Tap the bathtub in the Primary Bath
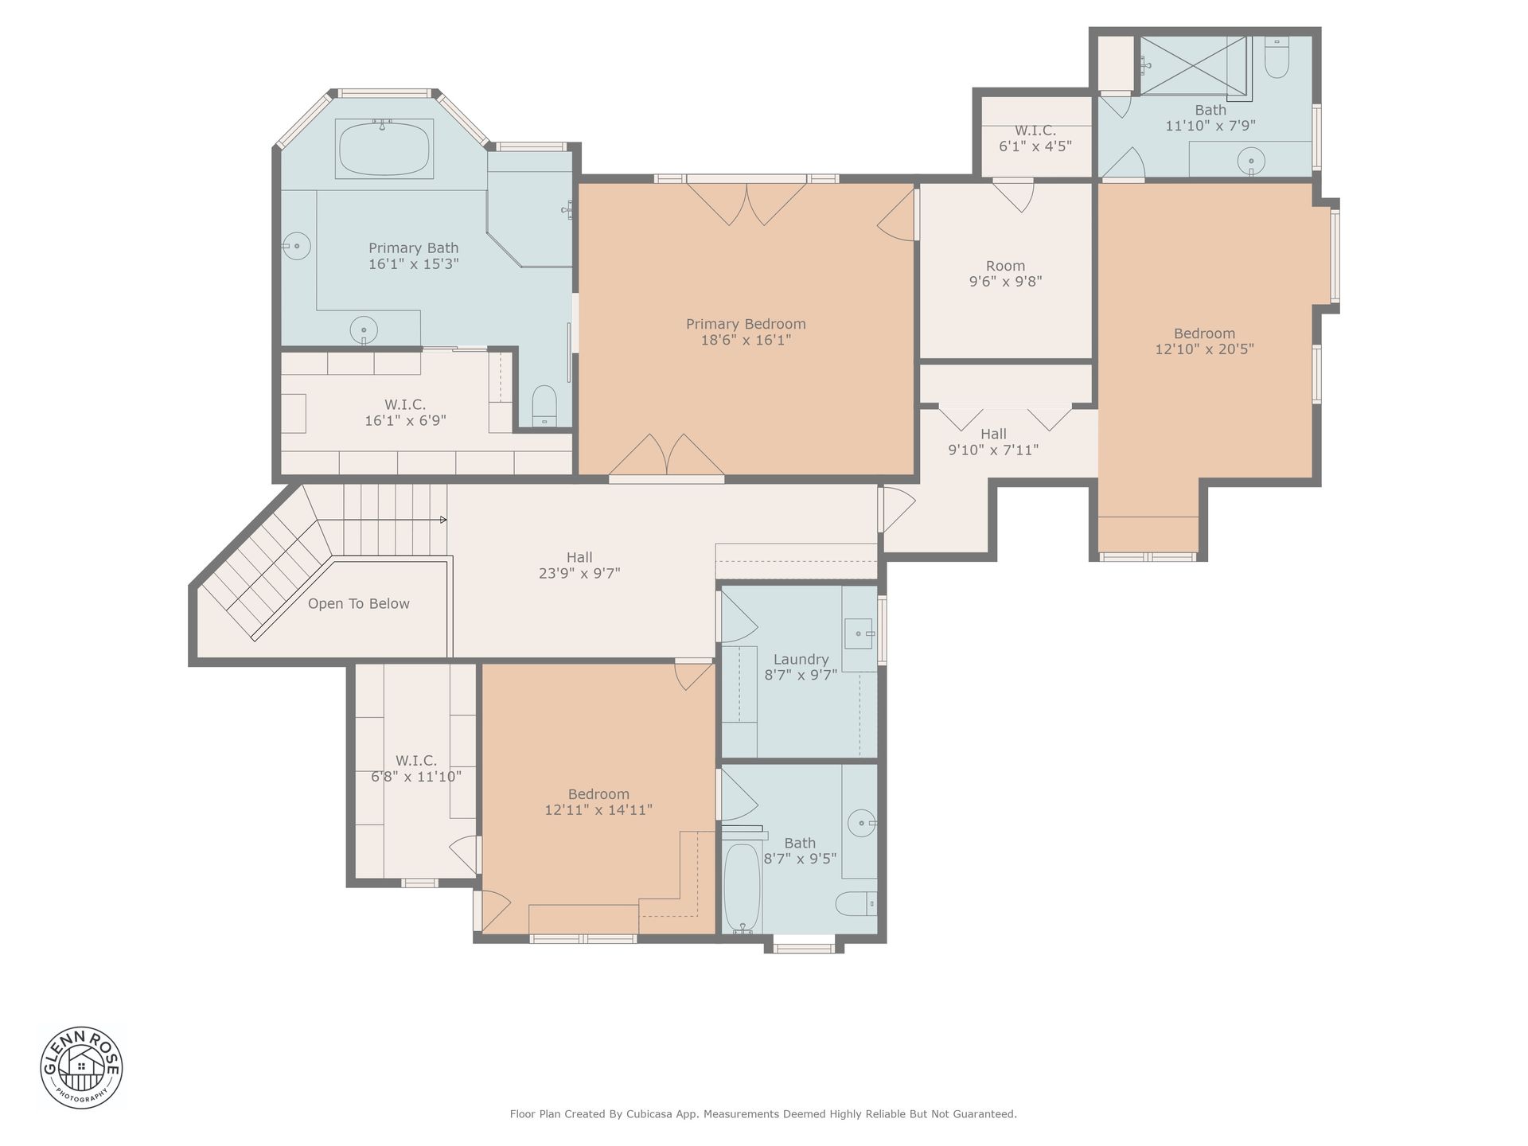[384, 149]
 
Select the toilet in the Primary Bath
[544, 406]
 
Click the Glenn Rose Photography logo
[82, 1066]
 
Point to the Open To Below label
[359, 604]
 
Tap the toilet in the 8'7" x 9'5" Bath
[856, 903]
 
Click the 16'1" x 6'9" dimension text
[405, 421]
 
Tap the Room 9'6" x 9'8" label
[1006, 274]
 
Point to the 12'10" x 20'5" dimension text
[1204, 349]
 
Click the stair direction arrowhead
[443, 520]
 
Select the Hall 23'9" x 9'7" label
[579, 565]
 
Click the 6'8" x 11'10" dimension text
[416, 777]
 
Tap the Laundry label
[801, 659]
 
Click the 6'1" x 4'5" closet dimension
[1035, 146]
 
